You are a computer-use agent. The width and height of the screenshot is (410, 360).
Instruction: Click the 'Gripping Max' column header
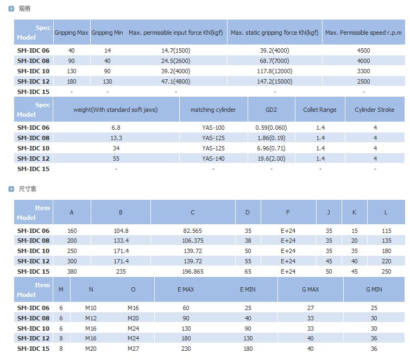71,33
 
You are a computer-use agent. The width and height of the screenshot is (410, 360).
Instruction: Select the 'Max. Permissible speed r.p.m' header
363,33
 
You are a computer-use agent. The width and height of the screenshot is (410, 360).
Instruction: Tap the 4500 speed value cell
363,50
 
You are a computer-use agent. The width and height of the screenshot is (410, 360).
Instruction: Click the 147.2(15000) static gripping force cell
274,81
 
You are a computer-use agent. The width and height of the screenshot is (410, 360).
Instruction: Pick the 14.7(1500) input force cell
176,50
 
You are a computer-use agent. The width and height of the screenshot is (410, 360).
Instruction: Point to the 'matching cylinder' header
213,110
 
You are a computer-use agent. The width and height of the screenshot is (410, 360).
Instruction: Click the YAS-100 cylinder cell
213,128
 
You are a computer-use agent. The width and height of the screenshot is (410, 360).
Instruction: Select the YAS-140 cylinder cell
213,159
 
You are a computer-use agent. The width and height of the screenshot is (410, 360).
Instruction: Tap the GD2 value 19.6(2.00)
271,159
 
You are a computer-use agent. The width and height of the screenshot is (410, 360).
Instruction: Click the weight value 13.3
116,138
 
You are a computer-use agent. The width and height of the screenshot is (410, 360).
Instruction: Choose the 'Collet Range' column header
319,110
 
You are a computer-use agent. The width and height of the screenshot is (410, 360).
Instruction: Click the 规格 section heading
25,9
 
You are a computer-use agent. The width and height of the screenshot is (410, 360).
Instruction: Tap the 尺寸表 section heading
27,189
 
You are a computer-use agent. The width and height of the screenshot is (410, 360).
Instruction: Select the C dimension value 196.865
193,271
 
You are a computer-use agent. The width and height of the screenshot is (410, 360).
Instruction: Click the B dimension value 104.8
121,231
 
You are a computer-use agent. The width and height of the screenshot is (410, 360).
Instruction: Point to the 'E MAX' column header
186,289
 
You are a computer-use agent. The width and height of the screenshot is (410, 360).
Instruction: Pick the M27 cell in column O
133,349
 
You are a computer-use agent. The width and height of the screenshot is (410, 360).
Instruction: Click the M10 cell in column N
91,308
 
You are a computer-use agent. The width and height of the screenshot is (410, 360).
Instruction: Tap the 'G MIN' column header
374,289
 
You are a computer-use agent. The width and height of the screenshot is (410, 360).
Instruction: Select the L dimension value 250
386,271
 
